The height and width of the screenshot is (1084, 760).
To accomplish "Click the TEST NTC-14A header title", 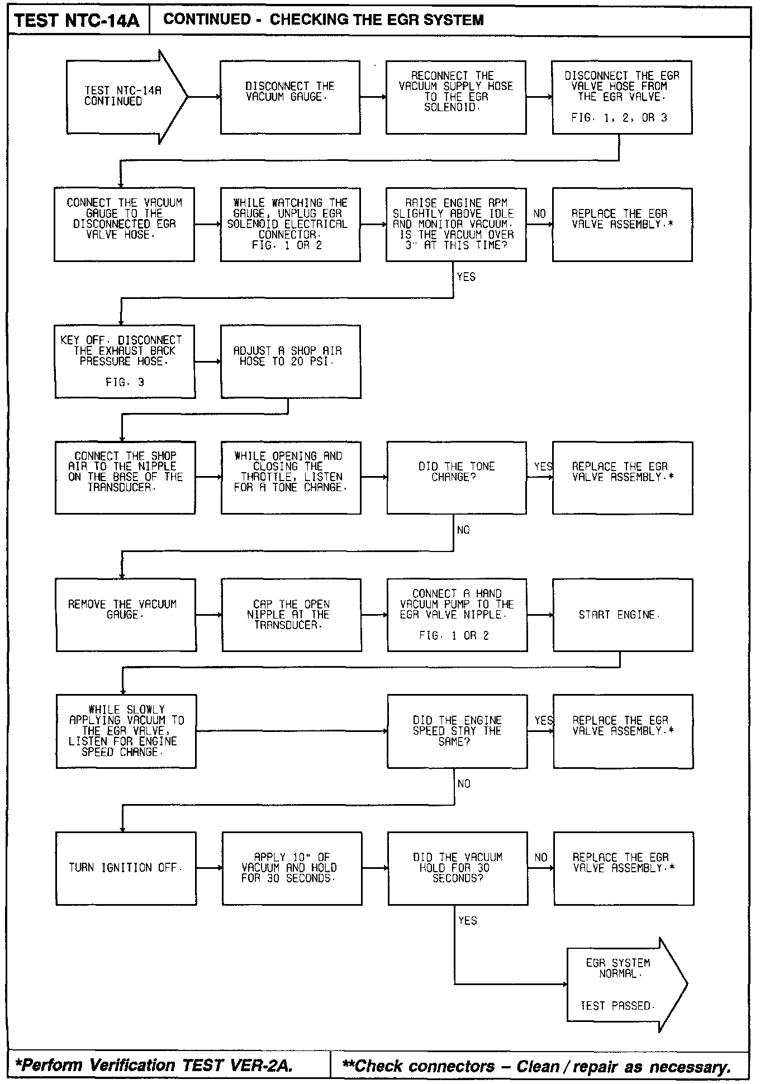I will click(77, 21).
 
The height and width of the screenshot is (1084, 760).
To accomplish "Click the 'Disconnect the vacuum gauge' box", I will click(290, 97).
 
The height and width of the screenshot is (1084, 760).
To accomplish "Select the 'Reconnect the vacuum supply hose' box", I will click(455, 97).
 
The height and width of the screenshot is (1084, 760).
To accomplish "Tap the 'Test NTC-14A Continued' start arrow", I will click(123, 96).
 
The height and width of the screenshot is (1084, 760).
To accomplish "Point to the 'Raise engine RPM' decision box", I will click(455, 224).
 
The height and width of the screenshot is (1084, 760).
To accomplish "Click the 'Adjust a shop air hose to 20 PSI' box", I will click(291, 362).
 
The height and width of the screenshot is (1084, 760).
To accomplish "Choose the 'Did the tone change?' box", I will click(456, 478).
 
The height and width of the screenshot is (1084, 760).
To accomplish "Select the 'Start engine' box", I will click(623, 615).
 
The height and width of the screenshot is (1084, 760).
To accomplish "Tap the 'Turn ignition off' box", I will click(126, 868).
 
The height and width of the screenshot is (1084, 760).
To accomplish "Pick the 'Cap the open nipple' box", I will click(291, 615).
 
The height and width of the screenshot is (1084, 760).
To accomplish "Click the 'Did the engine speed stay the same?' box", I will click(457, 731).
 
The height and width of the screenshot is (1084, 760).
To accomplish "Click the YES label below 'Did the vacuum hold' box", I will click(467, 920).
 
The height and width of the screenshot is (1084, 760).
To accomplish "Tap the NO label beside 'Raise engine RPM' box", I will click(539, 214).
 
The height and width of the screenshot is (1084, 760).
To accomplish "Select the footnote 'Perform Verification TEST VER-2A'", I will click(154, 1066).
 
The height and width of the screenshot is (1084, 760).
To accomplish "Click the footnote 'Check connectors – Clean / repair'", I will click(536, 1066).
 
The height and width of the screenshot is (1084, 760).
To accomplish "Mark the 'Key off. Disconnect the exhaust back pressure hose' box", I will click(125, 362).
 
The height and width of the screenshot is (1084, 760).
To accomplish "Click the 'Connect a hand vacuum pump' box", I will click(457, 615).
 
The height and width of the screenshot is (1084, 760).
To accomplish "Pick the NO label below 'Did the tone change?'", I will click(463, 530).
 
